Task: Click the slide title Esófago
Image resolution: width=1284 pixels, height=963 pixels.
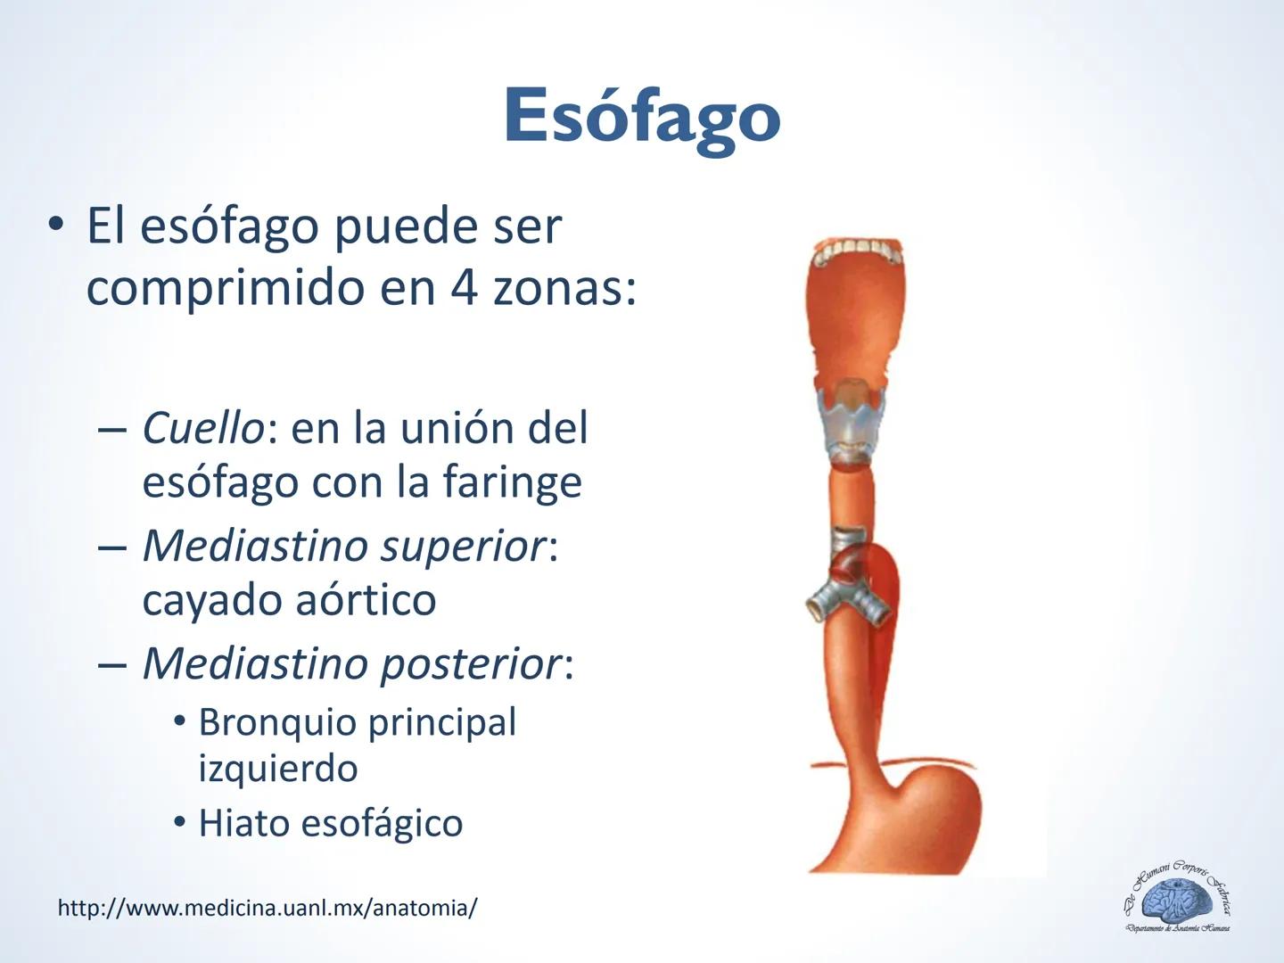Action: pyautogui.click(x=641, y=117)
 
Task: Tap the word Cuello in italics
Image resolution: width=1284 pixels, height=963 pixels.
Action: pyautogui.click(x=202, y=428)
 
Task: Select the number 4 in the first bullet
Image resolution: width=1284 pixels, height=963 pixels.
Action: pyautogui.click(x=464, y=287)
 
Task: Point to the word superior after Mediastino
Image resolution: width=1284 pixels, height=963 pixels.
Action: pyautogui.click(x=462, y=547)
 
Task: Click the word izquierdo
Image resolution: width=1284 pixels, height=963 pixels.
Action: pyautogui.click(x=277, y=769)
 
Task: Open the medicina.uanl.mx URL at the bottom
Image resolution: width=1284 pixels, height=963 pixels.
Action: pyautogui.click(x=267, y=909)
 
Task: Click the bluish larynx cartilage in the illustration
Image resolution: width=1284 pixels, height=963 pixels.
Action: pyautogui.click(x=852, y=419)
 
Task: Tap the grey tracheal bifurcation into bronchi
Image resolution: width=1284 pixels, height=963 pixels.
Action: pyautogui.click(x=847, y=597)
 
